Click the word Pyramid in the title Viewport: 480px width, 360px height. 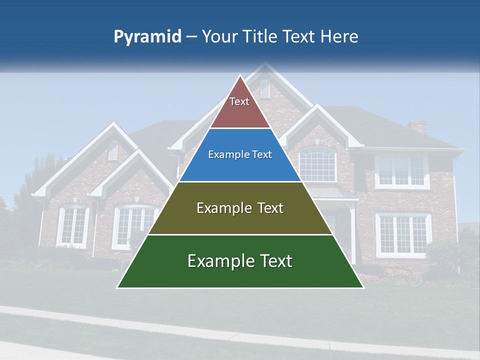pyautogui.click(x=147, y=37)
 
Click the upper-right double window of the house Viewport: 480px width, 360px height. pyautogui.click(x=402, y=171)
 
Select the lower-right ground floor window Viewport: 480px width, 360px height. pyautogui.click(x=403, y=234)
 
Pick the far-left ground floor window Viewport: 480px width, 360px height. pyautogui.click(x=73, y=226)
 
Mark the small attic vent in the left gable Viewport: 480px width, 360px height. pyautogui.click(x=113, y=150)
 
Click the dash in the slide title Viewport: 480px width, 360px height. pyautogui.click(x=191, y=37)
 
